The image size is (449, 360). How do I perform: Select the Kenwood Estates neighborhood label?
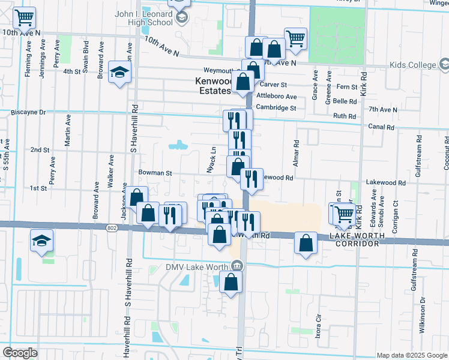[213, 86]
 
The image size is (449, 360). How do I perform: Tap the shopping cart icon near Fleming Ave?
[25, 19]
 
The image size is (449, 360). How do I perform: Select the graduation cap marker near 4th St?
[119, 73]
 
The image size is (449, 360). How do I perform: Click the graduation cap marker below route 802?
[41, 242]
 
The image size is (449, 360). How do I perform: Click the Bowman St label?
[155, 173]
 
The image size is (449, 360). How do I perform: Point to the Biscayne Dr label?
[29, 112]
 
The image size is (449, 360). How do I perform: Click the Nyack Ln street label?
[211, 160]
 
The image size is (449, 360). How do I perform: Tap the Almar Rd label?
[297, 152]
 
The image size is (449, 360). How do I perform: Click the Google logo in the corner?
[20, 353]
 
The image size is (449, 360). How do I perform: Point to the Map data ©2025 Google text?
[411, 355]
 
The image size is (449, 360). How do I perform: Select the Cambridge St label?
[276, 108]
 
